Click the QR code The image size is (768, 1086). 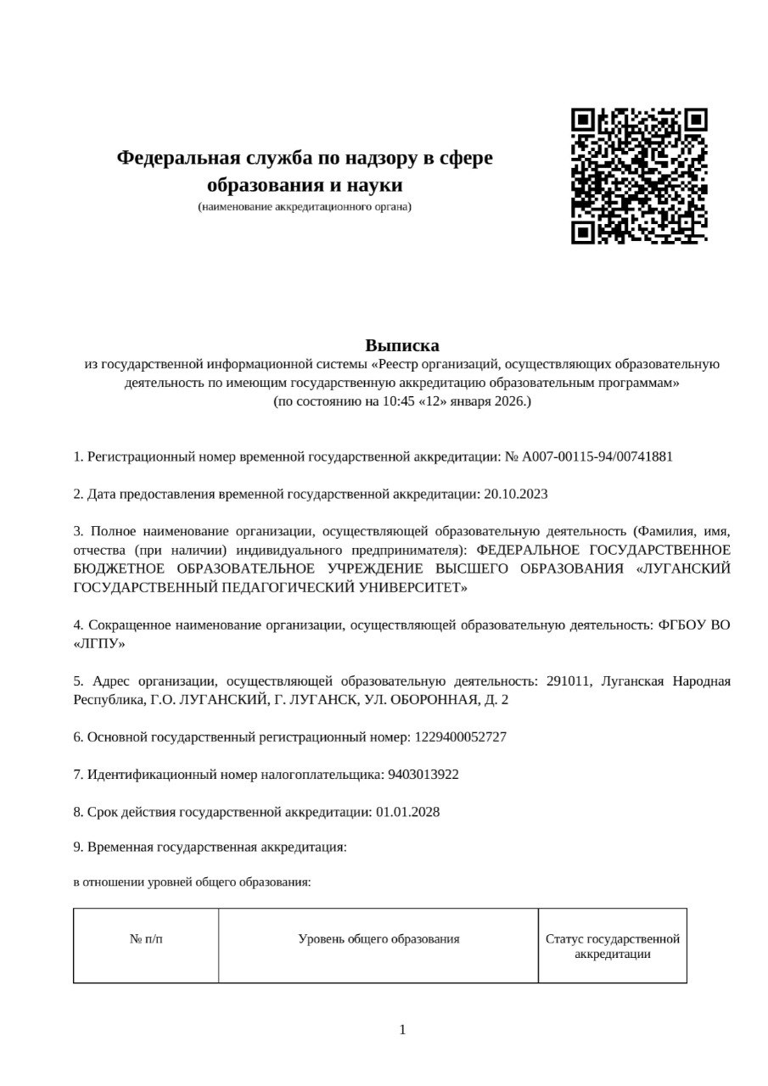(x=639, y=176)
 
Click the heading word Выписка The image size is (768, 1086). (x=402, y=345)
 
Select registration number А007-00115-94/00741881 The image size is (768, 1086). (x=597, y=456)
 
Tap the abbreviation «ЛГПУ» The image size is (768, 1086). (x=99, y=643)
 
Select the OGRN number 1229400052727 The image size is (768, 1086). (x=461, y=737)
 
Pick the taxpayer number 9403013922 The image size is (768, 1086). (x=423, y=775)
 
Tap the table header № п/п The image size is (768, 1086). (x=146, y=939)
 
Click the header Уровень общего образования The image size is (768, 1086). (x=378, y=939)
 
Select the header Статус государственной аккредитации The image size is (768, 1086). (x=612, y=946)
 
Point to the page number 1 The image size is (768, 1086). (x=402, y=1030)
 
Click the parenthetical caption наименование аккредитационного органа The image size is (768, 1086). (x=305, y=206)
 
